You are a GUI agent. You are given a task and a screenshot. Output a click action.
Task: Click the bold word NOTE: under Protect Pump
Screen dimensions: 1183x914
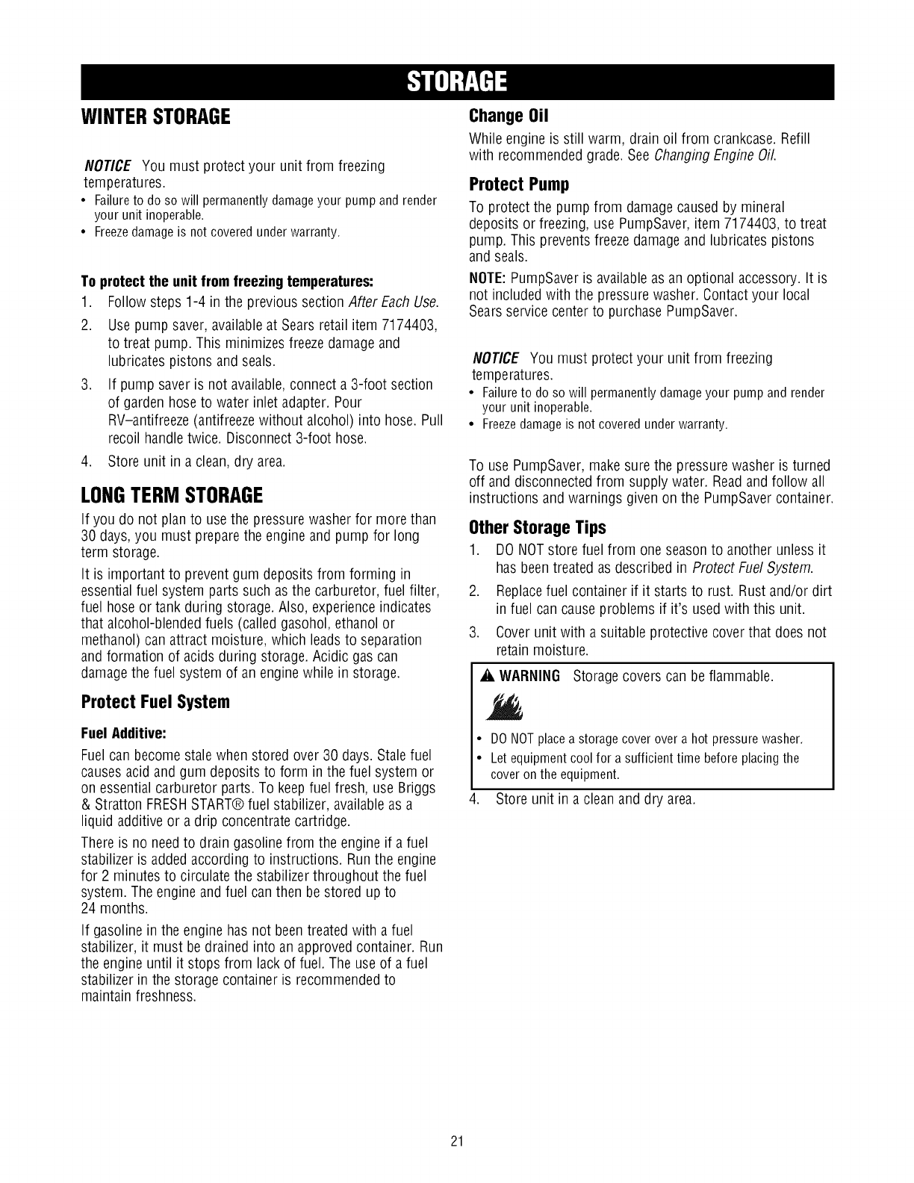(483, 279)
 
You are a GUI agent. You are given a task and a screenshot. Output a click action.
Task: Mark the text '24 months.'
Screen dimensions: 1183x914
(114, 909)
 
